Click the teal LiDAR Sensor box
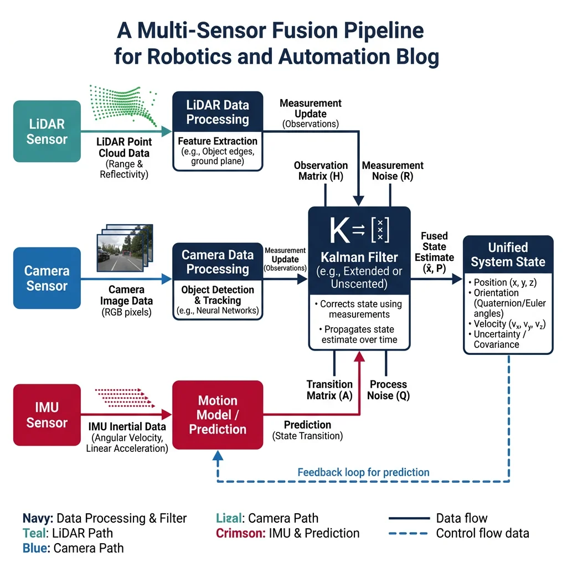pos(47,131)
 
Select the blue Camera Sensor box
pos(47,279)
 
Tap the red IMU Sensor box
pos(47,415)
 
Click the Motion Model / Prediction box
pos(218,415)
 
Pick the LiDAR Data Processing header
pos(218,112)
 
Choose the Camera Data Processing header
pos(218,262)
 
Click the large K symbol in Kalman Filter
pos(339,230)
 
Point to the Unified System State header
pos(508,255)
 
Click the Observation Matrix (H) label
pos(321,171)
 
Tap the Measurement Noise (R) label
pos(393,171)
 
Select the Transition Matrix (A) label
pos(329,390)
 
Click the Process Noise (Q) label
pos(388,390)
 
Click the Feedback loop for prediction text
pos(363,472)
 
